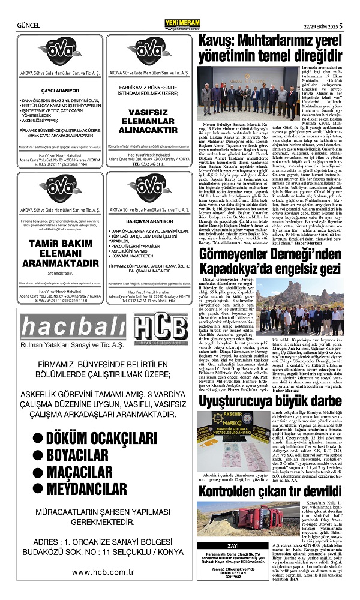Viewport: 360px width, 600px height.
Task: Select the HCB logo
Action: (x=161, y=330)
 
